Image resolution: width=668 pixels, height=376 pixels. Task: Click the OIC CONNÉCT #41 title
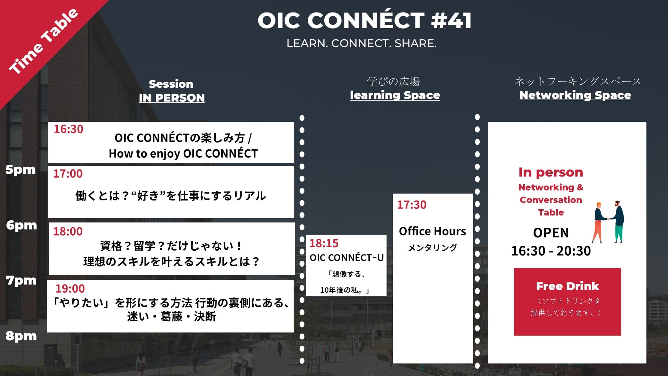pyautogui.click(x=364, y=20)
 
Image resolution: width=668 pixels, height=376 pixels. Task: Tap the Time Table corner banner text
pyautogui.click(x=43, y=41)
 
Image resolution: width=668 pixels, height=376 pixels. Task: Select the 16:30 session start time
pyautogui.click(x=69, y=129)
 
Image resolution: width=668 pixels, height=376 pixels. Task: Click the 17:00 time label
pyautogui.click(x=68, y=174)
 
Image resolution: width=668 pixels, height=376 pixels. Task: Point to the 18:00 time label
pyautogui.click(x=68, y=232)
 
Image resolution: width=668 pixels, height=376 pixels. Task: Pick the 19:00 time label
pyautogui.click(x=70, y=289)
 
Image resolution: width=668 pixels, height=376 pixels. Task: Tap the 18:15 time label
pyautogui.click(x=324, y=243)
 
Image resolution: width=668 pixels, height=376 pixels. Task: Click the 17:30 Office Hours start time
pyautogui.click(x=412, y=205)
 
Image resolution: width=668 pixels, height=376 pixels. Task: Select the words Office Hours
pyautogui.click(x=432, y=231)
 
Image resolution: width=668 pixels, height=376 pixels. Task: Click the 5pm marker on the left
pyautogui.click(x=21, y=170)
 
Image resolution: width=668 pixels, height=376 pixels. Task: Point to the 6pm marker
pyautogui.click(x=21, y=225)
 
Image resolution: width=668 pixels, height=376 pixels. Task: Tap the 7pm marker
pyautogui.click(x=21, y=280)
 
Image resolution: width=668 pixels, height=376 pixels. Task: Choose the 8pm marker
pyautogui.click(x=21, y=336)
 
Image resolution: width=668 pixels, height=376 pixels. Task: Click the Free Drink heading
pyautogui.click(x=567, y=286)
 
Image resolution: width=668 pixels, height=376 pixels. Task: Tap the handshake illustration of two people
pyautogui.click(x=608, y=221)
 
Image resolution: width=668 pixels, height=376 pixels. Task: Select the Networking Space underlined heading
pyautogui.click(x=575, y=95)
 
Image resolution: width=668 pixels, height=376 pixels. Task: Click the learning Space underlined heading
pyautogui.click(x=395, y=95)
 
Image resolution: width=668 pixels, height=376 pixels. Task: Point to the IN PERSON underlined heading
pyautogui.click(x=172, y=98)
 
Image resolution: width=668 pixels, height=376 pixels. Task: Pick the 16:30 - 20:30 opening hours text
pyautogui.click(x=551, y=251)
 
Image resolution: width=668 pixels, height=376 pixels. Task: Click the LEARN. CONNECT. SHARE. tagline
pyautogui.click(x=361, y=44)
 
